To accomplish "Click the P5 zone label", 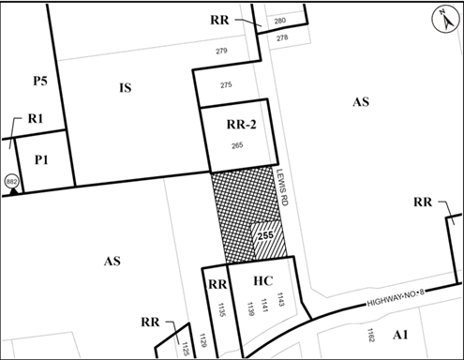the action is click(39, 82).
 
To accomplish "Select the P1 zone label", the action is click(41, 159).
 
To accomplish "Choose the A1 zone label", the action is click(401, 335).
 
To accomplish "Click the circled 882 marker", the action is click(12, 179).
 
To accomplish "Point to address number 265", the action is click(237, 146).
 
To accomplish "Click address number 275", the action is click(226, 85).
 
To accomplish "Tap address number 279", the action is click(222, 50).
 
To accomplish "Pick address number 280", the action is click(280, 19).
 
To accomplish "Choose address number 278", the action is click(282, 37).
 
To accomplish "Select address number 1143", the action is click(280, 299).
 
